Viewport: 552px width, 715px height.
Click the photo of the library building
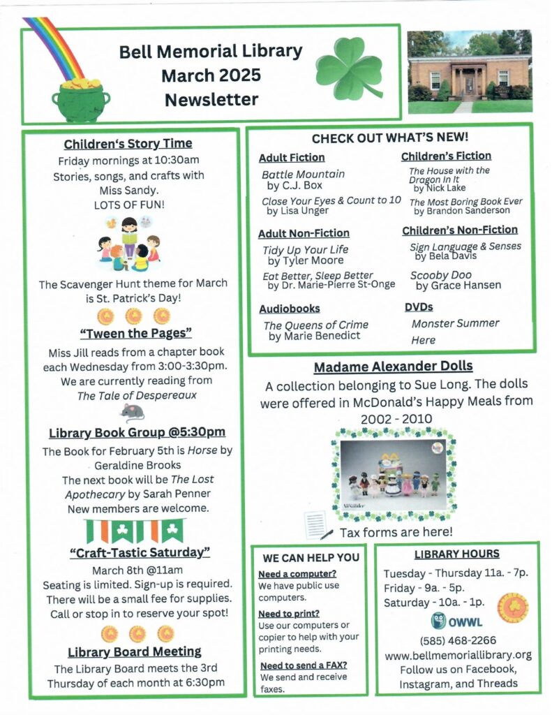[x=469, y=71]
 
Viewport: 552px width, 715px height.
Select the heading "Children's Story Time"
[x=128, y=144]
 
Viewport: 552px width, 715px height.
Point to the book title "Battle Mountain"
[x=303, y=174]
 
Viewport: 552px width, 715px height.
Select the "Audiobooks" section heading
[x=289, y=308]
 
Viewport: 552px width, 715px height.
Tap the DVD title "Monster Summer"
[x=455, y=323]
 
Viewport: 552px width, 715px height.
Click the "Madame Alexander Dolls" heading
[x=393, y=367]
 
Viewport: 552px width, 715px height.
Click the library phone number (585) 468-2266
[x=457, y=641]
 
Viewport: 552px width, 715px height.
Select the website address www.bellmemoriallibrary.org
[x=458, y=655]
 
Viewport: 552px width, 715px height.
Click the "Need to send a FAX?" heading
[x=303, y=665]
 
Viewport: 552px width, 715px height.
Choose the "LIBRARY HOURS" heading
[x=457, y=554]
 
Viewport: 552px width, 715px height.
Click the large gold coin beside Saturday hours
[x=513, y=607]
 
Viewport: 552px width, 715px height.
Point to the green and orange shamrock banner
[x=134, y=531]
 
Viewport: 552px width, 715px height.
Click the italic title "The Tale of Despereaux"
[x=128, y=396]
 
